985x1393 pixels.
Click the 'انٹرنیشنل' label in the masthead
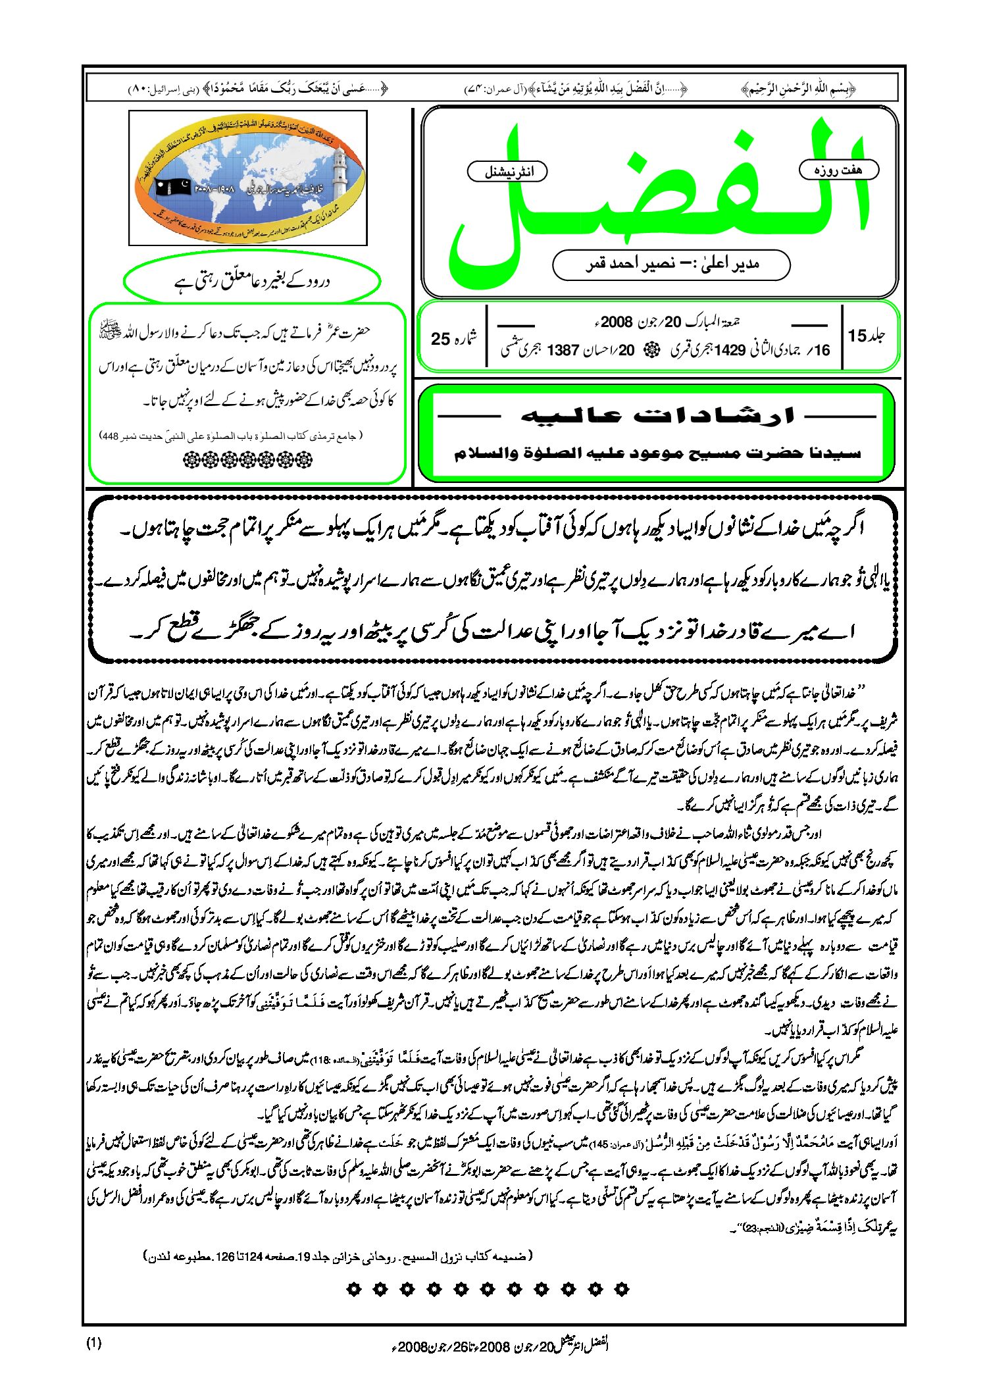[507, 172]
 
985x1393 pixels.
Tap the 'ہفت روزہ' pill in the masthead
[838, 170]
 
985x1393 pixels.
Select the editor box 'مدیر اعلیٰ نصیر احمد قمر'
[671, 265]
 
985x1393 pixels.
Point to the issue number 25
[440, 339]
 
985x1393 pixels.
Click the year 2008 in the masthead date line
[617, 322]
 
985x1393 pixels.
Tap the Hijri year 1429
[729, 350]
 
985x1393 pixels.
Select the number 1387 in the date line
[563, 350]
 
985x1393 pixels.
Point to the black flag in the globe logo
[173, 188]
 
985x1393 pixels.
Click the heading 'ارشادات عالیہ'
[657, 416]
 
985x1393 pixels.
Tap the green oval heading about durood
[252, 282]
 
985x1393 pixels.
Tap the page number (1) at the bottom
[94, 1342]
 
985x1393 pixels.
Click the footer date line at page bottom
[500, 1345]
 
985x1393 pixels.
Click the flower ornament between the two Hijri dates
[653, 350]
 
